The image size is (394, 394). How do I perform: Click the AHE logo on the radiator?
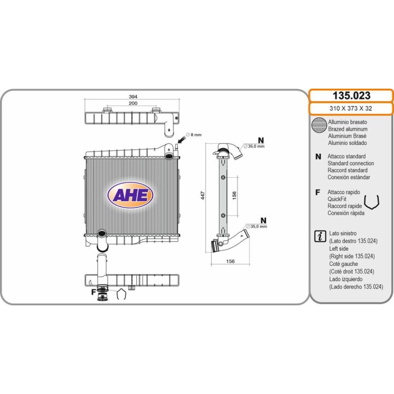click(130, 195)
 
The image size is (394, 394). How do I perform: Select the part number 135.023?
click(351, 95)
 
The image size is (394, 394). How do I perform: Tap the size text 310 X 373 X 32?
click(351, 108)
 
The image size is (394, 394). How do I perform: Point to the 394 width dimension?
click(133, 96)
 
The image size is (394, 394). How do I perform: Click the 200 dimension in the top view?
click(133, 103)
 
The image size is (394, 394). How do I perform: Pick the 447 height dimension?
click(203, 195)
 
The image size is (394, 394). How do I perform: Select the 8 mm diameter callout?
click(194, 135)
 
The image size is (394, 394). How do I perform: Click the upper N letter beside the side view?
click(261, 140)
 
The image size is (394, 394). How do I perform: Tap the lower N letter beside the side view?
click(263, 221)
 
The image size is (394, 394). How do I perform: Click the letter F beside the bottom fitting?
click(94, 292)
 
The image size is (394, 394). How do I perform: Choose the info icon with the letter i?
click(320, 236)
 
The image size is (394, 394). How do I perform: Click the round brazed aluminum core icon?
click(319, 125)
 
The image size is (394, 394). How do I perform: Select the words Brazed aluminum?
click(347, 129)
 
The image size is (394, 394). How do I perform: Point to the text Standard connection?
click(351, 163)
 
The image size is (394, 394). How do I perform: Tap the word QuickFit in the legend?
click(337, 199)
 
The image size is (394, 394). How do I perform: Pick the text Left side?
click(339, 248)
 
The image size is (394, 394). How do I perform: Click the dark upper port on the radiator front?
click(169, 157)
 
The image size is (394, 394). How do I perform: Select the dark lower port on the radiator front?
click(102, 233)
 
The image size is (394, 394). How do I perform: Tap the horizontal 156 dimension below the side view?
click(230, 261)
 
